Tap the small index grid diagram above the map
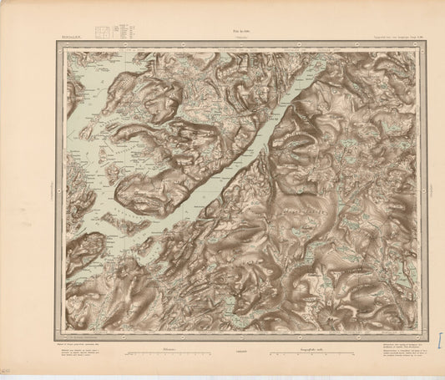(x=101, y=32)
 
